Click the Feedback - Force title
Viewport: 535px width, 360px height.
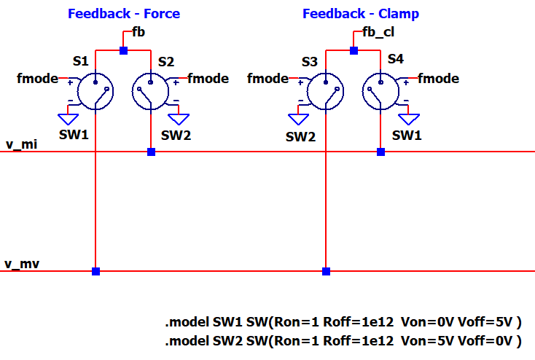click(x=123, y=14)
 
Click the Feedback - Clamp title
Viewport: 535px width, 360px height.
click(x=360, y=14)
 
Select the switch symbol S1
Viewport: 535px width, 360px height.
click(x=95, y=91)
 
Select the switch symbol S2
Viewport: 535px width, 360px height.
click(x=151, y=91)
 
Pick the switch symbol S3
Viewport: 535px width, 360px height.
click(x=325, y=91)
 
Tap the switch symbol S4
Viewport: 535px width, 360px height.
click(x=380, y=91)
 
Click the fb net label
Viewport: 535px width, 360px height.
click(x=138, y=33)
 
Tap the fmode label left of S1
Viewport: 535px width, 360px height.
click(x=37, y=78)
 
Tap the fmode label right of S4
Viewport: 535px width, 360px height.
click(x=439, y=78)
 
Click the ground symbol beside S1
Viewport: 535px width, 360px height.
click(x=69, y=117)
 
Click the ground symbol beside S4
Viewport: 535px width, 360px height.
click(x=413, y=117)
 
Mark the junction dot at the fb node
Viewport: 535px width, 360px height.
click(x=123, y=50)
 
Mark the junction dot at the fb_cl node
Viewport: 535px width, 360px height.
click(x=354, y=50)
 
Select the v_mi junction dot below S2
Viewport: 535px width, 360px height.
click(x=151, y=152)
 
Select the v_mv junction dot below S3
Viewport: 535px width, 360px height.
click(x=326, y=271)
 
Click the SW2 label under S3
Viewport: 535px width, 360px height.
click(x=300, y=136)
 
